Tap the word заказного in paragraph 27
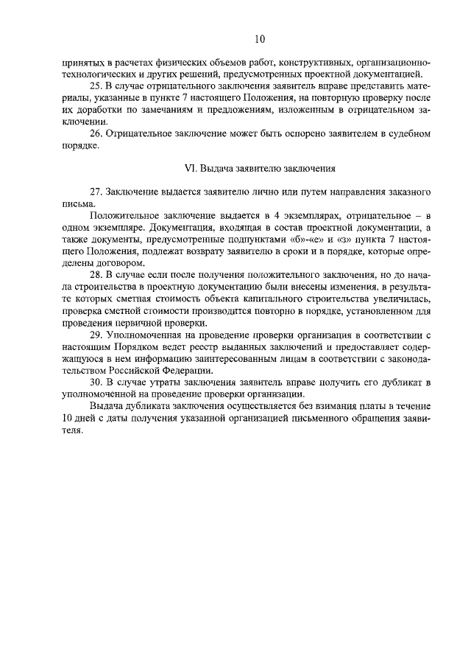tap(409, 192)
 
